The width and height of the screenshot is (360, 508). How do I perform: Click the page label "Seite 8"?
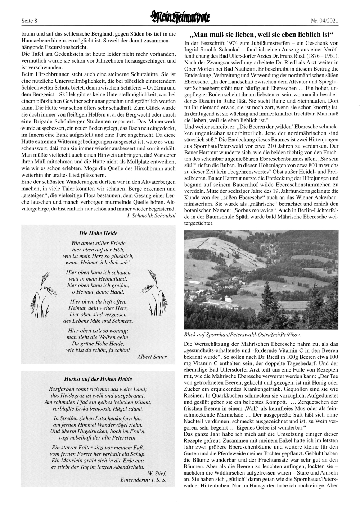tap(29, 21)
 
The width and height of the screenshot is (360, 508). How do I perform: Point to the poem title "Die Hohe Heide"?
tap(98, 233)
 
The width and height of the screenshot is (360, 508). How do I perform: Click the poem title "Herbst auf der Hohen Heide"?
tap(98, 379)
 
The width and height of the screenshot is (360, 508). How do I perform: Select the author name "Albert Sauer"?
tap(152, 357)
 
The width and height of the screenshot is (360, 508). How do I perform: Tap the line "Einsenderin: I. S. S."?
tap(143, 480)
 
